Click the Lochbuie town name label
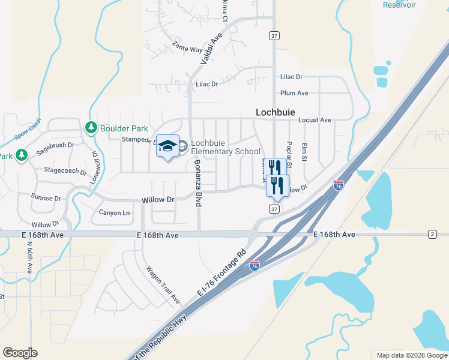277,112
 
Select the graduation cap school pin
168,147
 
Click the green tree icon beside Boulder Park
91,127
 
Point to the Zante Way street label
187,47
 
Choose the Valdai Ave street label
211,48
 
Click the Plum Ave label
294,93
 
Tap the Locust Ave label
315,120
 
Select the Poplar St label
289,154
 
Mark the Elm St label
305,152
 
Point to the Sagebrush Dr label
55,149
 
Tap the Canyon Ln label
114,212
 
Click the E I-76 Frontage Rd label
222,272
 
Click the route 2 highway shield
432,233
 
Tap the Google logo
20,353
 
